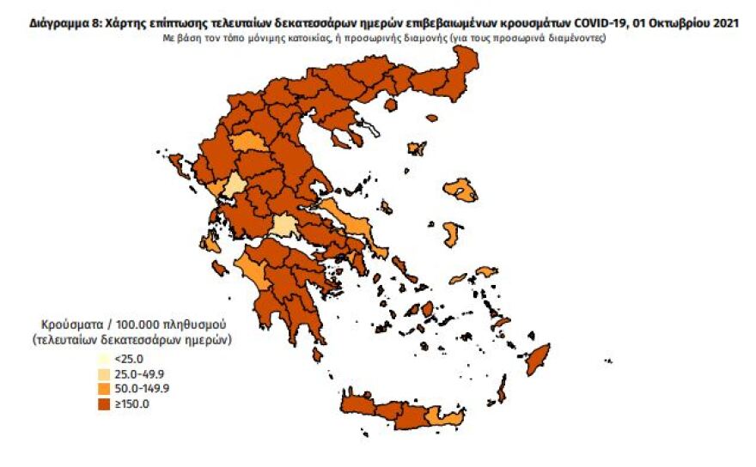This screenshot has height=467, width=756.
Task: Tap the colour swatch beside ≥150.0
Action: coord(103,403)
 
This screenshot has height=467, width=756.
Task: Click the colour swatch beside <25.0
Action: coord(103,360)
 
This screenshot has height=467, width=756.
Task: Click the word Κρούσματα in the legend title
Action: coord(66,325)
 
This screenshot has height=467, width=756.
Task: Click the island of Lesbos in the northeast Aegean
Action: coord(461,190)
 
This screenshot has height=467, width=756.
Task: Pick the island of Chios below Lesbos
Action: coord(450,233)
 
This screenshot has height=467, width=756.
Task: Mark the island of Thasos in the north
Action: coord(391,104)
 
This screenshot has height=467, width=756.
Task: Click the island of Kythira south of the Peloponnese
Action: coord(318,354)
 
